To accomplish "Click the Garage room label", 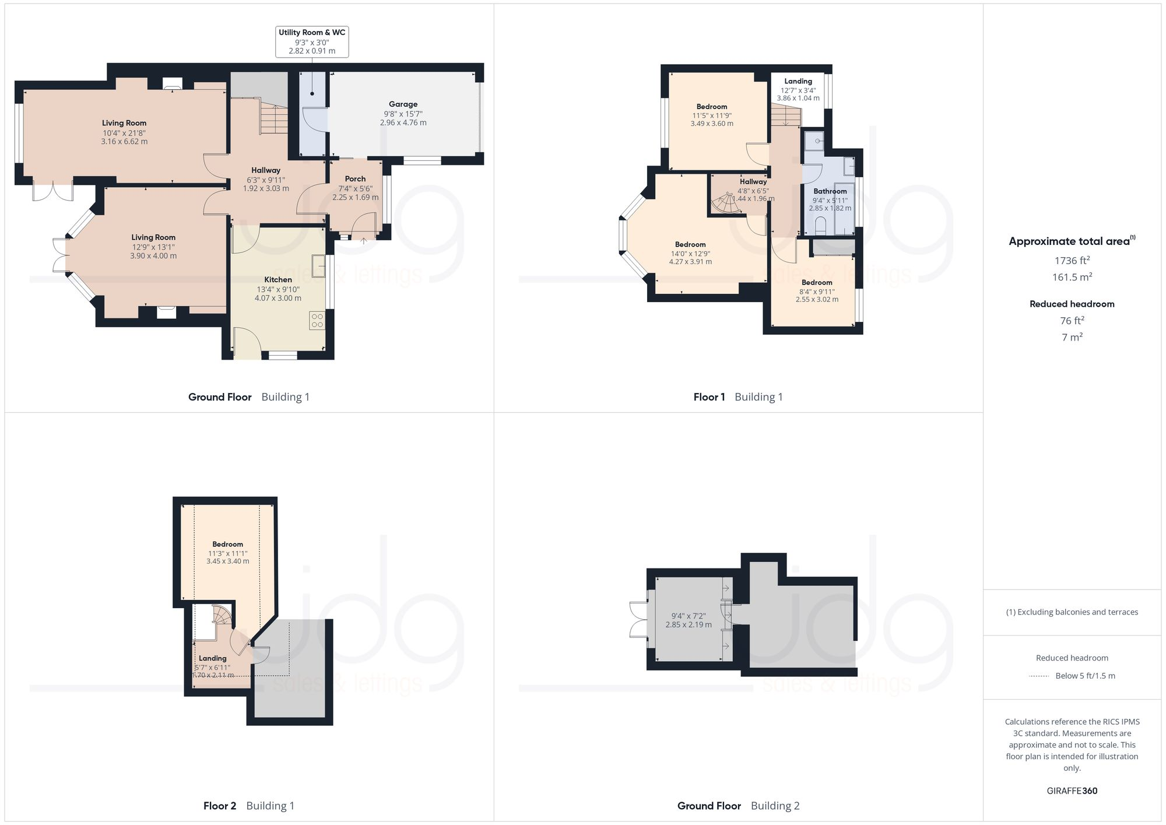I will pyautogui.click(x=403, y=104).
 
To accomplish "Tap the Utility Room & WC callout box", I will pyautogui.click(x=312, y=41).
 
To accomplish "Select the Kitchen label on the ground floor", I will pyautogui.click(x=278, y=279).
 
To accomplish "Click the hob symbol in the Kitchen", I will pyautogui.click(x=317, y=320).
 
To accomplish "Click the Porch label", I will pyautogui.click(x=355, y=179).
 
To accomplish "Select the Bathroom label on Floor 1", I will pyautogui.click(x=830, y=191).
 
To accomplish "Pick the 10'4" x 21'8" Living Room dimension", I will pyautogui.click(x=124, y=133).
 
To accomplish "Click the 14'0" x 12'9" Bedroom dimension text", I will pyautogui.click(x=690, y=254).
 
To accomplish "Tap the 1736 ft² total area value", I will pyautogui.click(x=1072, y=261).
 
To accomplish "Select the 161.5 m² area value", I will pyautogui.click(x=1072, y=277).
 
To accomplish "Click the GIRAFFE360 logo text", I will pyautogui.click(x=1072, y=791).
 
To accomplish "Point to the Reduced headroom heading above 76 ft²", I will pyautogui.click(x=1072, y=304).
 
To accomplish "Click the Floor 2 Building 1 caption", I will pyautogui.click(x=249, y=806).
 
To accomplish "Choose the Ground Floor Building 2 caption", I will pyautogui.click(x=738, y=806).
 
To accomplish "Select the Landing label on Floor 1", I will pyautogui.click(x=798, y=81).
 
